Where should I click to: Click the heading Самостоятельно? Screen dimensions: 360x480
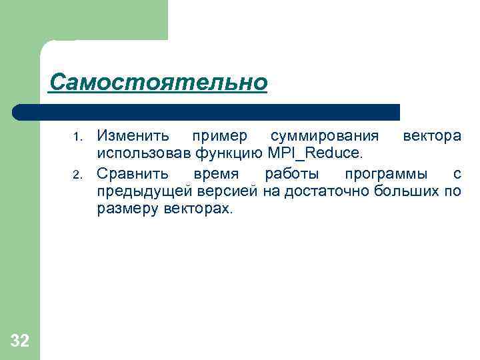pyautogui.click(x=158, y=83)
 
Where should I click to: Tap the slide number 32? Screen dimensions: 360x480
pyautogui.click(x=20, y=342)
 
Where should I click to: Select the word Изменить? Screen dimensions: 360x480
pyautogui.click(x=133, y=136)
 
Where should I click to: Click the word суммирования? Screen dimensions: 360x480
pyautogui.click(x=325, y=136)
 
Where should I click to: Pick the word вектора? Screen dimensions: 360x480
pyautogui.click(x=431, y=136)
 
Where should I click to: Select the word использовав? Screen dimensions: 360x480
pyautogui.click(x=144, y=155)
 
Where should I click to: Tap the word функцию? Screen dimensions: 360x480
pyautogui.click(x=230, y=155)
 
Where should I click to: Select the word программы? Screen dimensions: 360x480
pyautogui.click(x=385, y=174)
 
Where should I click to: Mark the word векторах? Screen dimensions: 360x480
pyautogui.click(x=199, y=209)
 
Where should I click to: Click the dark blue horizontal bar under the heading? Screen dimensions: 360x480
pyautogui.click(x=206, y=111)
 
